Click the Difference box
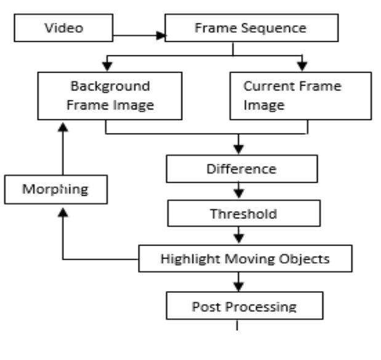click(241, 169)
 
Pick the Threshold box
click(243, 214)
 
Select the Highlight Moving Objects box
click(244, 258)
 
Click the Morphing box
click(55, 188)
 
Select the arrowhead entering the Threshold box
click(239, 196)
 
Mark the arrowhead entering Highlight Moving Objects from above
click(239, 241)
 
